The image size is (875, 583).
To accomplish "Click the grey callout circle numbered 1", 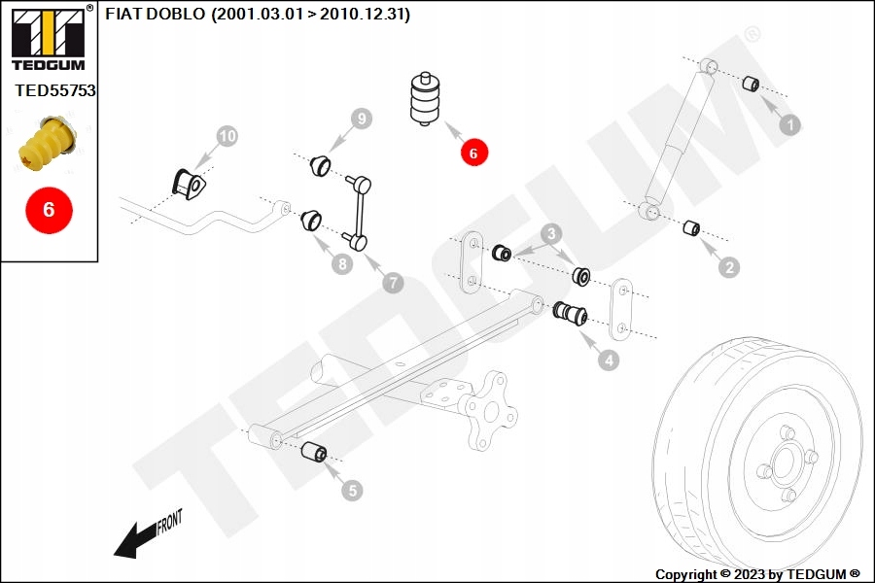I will pos(790,125).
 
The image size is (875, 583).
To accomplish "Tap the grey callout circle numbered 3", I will pos(550,233).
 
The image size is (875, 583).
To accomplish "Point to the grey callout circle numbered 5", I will pos(352,491).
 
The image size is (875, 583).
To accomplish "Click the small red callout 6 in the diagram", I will pos(473,153).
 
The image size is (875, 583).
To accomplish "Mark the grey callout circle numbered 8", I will pos(341,263).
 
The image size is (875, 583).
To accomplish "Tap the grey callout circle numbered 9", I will pos(362,120).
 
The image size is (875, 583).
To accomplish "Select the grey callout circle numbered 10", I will pos(226,137).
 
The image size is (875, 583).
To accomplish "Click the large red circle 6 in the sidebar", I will pos(50,209).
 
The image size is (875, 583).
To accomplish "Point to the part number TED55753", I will pos(54,90).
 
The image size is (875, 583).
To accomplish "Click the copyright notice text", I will pos(757,574).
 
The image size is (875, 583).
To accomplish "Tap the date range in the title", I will pos(309,15).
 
